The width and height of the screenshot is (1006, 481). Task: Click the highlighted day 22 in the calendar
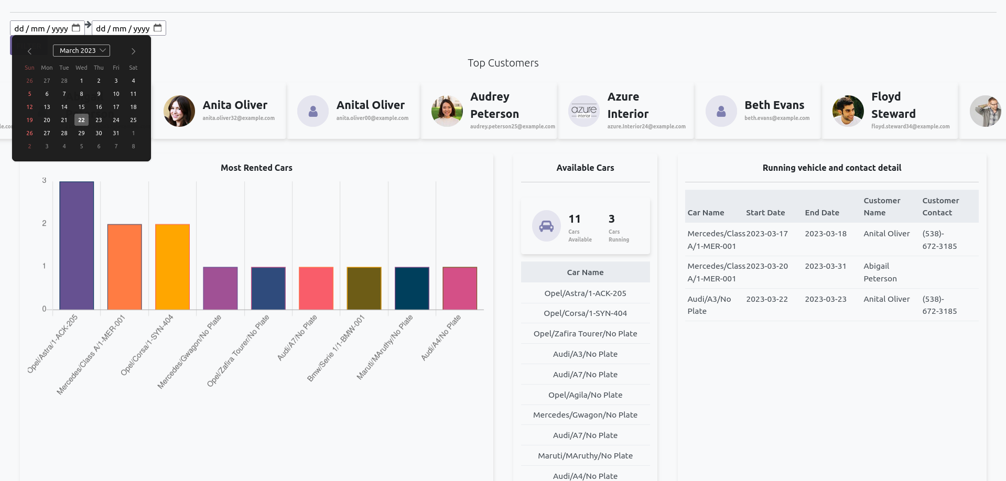coord(81,120)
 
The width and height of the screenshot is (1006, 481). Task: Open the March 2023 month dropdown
coord(81,51)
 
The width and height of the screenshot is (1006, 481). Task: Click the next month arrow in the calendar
coord(133,51)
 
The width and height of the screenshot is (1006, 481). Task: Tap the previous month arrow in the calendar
coord(30,51)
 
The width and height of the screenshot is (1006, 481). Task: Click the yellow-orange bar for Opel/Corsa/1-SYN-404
coord(172,267)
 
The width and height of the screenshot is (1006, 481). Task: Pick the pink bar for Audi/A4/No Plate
coord(460,288)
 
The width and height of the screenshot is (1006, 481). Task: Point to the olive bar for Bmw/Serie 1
coord(364,288)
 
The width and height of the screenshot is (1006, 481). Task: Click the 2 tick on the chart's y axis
coord(45,223)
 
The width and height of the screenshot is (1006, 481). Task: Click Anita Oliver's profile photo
coord(179,111)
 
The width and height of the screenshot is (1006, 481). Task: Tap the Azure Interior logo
coord(584,111)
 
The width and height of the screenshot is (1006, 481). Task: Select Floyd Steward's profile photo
coord(848,111)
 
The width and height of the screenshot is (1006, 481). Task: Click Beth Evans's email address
coord(777,118)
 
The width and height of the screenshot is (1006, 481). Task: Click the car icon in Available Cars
coord(546,226)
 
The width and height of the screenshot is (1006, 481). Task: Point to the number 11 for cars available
coord(575,219)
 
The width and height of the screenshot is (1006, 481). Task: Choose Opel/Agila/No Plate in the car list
coord(585,395)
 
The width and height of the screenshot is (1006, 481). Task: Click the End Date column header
coord(822,213)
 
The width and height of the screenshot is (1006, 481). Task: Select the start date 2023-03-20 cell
coord(767,266)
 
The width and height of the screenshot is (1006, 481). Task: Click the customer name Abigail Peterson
coord(880,272)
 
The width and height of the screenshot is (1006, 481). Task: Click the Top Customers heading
coord(503,63)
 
